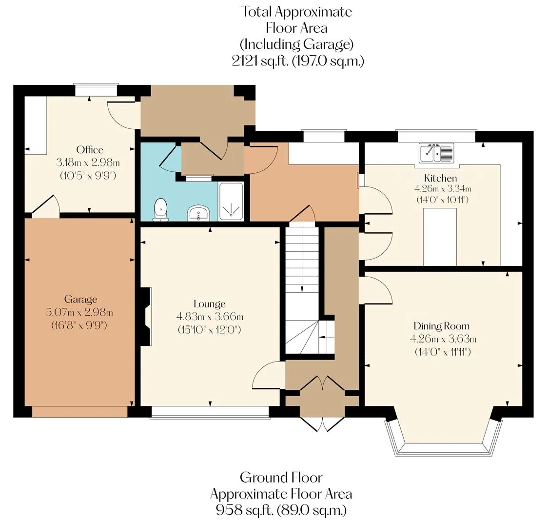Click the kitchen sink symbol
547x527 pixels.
(437, 153)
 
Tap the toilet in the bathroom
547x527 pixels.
(161, 209)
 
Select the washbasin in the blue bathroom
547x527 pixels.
(198, 213)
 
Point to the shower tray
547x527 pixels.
(231, 202)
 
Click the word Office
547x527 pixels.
(90, 149)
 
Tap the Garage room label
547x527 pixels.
(80, 299)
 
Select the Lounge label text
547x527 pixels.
(209, 304)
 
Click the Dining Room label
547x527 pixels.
(442, 326)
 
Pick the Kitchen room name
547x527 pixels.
(440, 178)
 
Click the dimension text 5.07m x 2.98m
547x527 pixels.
(79, 312)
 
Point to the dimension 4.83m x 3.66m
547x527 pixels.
(210, 317)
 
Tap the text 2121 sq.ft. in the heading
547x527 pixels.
(260, 61)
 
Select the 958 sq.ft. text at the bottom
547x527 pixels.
(244, 510)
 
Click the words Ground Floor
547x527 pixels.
(281, 477)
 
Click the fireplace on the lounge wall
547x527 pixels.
(145, 317)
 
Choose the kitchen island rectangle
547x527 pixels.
(440, 237)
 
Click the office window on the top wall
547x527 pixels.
(96, 90)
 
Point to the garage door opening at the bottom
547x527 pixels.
(80, 412)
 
